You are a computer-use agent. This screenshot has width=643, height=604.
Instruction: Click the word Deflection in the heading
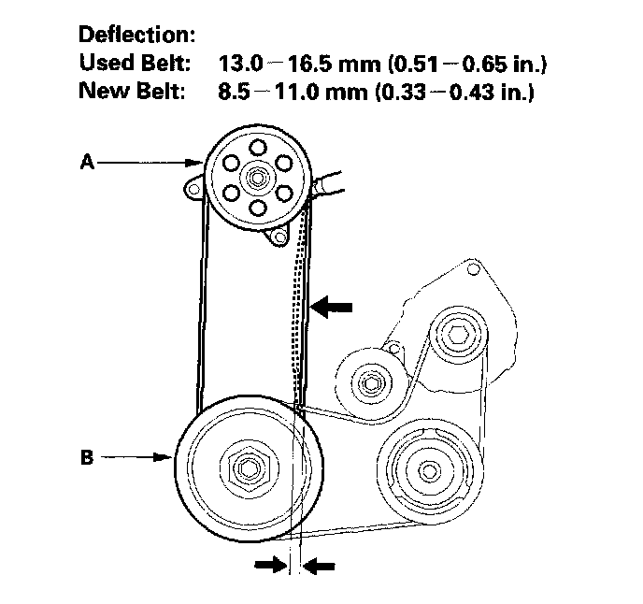(x=136, y=36)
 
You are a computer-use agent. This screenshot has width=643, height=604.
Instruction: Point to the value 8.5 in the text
(x=232, y=93)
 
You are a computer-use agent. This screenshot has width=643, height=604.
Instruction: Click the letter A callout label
(x=87, y=162)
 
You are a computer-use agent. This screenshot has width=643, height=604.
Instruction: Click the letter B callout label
(x=87, y=458)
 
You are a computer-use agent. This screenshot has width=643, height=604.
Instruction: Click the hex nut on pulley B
(x=248, y=465)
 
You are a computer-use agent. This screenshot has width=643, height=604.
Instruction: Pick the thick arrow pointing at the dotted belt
(x=334, y=306)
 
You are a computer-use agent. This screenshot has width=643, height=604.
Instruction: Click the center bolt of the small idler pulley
(x=372, y=382)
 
